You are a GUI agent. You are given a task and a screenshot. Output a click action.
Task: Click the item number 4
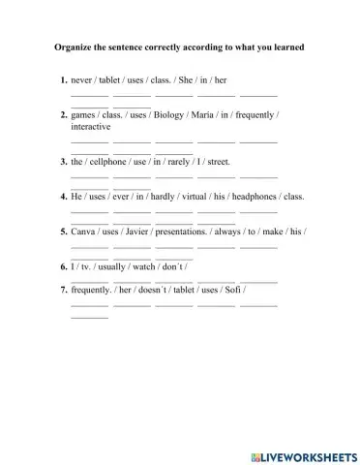[x=63, y=197]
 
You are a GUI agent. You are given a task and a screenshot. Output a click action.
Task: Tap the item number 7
[x=63, y=289]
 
